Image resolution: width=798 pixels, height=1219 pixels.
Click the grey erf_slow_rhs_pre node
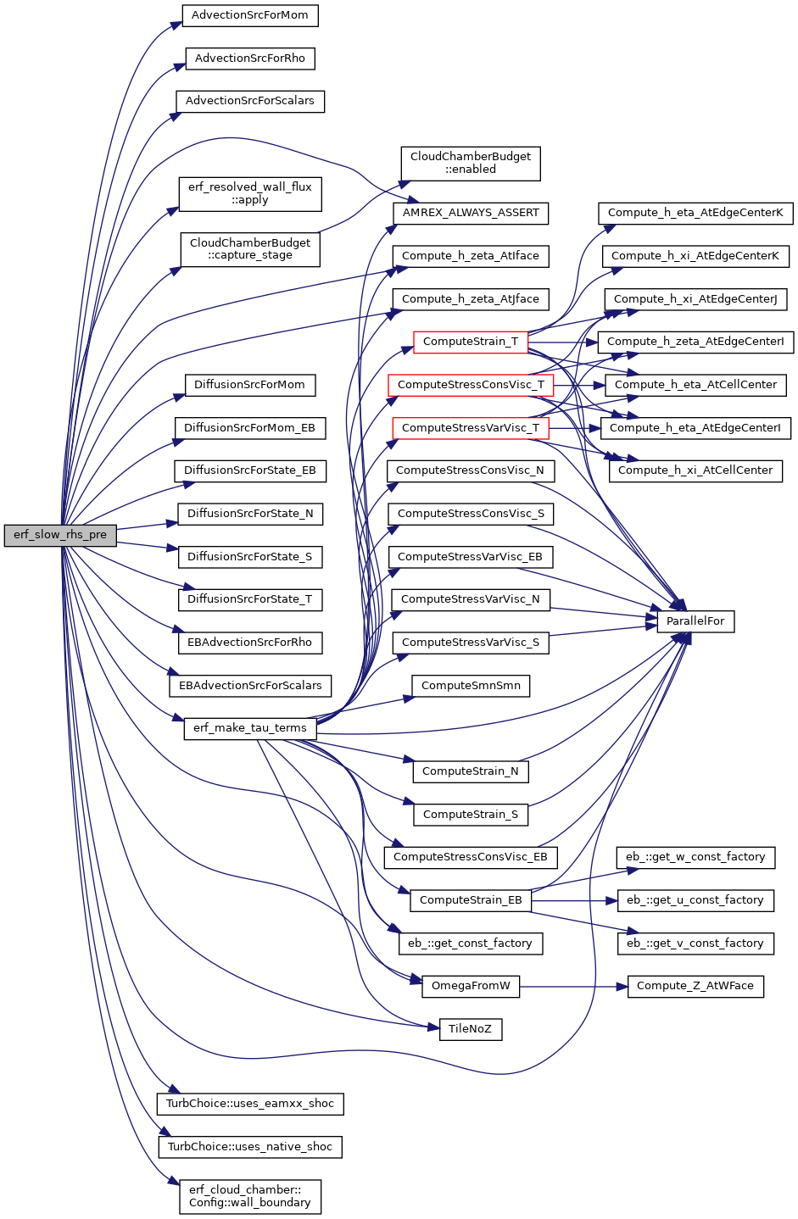tap(60, 535)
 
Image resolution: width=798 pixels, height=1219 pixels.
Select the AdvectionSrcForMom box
tap(250, 15)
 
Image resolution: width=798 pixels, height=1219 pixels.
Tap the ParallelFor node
tap(695, 621)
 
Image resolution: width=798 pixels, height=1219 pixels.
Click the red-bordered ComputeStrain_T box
tap(471, 342)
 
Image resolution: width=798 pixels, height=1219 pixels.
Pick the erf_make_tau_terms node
tap(250, 728)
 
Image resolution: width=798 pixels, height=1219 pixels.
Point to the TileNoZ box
tap(471, 1029)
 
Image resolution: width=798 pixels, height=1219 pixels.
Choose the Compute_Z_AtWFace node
tap(695, 986)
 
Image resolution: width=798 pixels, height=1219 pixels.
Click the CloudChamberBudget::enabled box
tap(471, 164)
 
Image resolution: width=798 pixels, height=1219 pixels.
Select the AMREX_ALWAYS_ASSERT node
tap(471, 213)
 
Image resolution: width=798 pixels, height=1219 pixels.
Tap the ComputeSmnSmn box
tap(471, 686)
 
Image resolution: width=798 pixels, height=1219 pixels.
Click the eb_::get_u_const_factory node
tap(695, 900)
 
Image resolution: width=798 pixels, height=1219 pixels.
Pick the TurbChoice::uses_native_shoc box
tap(250, 1147)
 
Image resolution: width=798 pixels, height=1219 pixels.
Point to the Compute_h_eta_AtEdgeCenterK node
tap(695, 213)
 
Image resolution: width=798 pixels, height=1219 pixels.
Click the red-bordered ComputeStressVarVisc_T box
tap(471, 428)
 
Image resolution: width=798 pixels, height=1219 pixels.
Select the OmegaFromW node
tap(471, 986)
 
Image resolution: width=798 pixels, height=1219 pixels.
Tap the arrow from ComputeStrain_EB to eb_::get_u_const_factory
tap(574, 900)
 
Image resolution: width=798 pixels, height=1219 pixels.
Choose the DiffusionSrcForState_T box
tap(250, 599)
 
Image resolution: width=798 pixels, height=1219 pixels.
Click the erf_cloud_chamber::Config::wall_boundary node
tap(250, 1197)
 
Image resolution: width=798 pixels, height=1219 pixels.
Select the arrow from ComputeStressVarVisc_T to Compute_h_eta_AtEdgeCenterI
tap(574, 428)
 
